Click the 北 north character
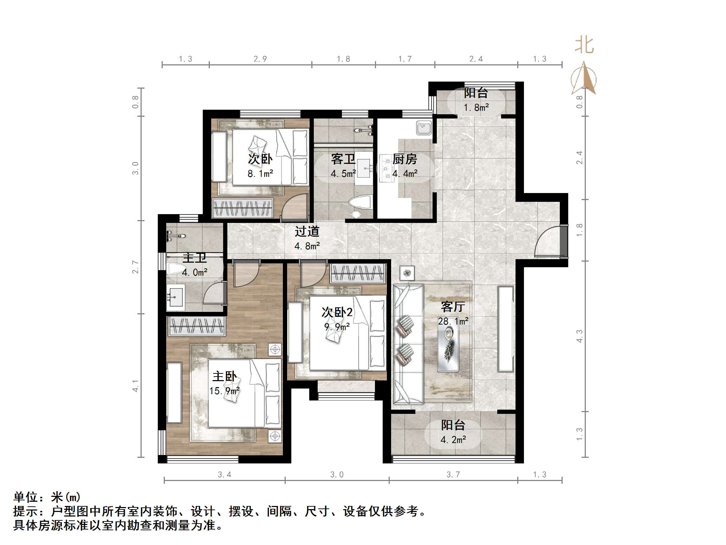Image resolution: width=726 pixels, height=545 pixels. [x=584, y=46]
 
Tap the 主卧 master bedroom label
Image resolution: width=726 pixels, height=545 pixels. [x=224, y=377]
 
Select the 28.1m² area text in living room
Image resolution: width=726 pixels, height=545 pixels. [x=453, y=321]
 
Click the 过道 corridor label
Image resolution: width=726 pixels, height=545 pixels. [x=307, y=231]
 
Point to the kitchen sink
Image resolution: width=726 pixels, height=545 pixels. [x=424, y=128]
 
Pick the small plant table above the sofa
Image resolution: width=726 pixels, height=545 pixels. [x=407, y=273]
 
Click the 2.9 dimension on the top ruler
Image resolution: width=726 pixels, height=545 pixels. [x=260, y=59]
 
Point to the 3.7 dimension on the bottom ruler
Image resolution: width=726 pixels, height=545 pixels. [x=453, y=475]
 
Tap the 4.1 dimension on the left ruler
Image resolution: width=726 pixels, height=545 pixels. [x=136, y=385]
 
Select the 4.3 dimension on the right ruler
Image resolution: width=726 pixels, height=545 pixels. [x=579, y=336]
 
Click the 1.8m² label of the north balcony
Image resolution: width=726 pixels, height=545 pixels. [x=476, y=108]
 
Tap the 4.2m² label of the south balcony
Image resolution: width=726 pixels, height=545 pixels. [x=453, y=440]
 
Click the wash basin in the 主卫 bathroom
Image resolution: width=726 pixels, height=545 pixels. [x=175, y=297]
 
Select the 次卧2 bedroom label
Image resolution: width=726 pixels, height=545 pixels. [x=337, y=312]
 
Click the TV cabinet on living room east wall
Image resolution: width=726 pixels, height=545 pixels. [x=506, y=329]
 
